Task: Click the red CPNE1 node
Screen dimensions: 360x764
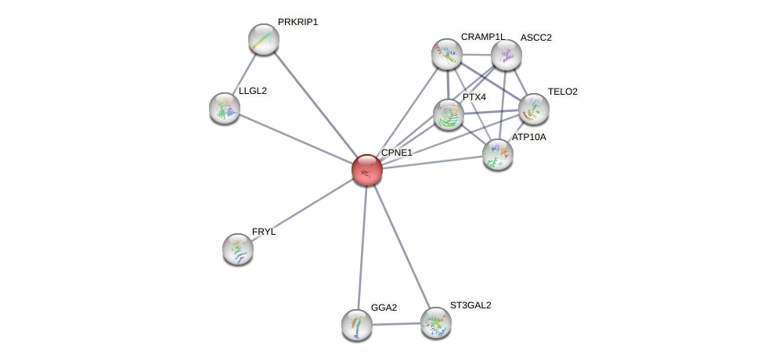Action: coord(366,170)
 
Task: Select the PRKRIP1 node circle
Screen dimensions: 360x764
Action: coord(264,39)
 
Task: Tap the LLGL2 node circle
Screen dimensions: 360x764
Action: coord(225,108)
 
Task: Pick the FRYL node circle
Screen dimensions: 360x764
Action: coord(238,249)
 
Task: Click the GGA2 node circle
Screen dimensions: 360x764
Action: coord(357,325)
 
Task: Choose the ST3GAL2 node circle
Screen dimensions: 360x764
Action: coord(436,322)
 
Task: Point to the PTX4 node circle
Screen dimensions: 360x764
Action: coord(449,114)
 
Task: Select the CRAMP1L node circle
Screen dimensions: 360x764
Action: coord(447,54)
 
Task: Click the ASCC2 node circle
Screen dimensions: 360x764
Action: coord(506,55)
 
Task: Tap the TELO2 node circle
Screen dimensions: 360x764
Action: coord(534,109)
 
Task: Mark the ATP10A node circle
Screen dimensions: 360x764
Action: coord(498,154)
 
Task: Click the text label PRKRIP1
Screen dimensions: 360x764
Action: coord(297,22)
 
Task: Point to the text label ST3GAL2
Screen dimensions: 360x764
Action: coord(470,305)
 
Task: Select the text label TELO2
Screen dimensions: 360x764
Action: coord(562,92)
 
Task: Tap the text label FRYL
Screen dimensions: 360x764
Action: coord(264,232)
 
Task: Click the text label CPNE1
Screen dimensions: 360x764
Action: coord(396,153)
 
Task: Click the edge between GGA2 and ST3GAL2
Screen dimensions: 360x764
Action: coord(396,324)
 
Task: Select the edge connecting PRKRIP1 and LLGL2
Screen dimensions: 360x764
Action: coord(244,74)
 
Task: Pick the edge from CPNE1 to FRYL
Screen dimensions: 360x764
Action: coord(302,209)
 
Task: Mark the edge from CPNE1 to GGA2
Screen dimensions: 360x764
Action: coord(362,247)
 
